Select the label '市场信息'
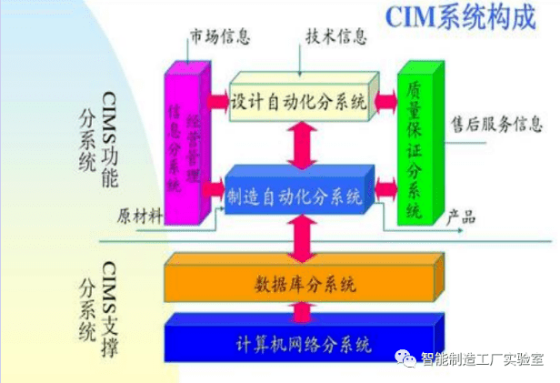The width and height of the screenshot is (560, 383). tap(219, 38)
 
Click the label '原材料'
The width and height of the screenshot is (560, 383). tap(140, 216)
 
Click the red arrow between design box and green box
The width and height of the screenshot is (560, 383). tap(385, 98)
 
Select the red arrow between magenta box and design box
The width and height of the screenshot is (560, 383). tap(218, 98)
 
